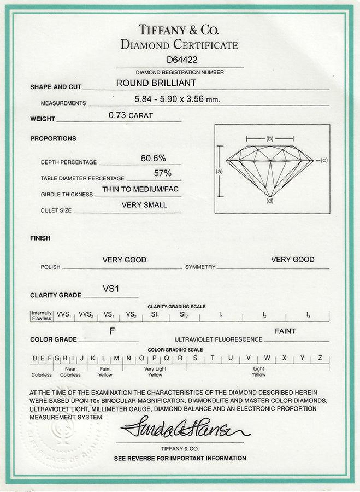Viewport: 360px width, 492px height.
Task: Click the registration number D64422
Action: [180, 61]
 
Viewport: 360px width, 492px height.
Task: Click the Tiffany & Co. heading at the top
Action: [180, 30]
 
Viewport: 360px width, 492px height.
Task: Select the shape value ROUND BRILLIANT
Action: [156, 84]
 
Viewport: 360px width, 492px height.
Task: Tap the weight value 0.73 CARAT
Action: [131, 116]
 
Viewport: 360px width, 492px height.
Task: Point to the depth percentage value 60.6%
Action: [154, 158]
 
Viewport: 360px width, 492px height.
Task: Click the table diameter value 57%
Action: [163, 173]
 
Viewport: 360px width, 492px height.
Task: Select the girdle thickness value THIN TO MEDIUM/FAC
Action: [140, 189]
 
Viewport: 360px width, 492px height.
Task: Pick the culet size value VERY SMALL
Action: [144, 205]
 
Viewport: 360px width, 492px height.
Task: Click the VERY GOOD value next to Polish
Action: [125, 260]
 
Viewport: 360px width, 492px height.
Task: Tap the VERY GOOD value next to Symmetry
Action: [293, 259]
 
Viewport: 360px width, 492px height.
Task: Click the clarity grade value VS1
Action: [111, 288]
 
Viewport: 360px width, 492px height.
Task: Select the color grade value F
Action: [112, 331]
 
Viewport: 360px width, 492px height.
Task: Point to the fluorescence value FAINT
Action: [285, 331]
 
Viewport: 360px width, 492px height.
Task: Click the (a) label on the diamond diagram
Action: [220, 171]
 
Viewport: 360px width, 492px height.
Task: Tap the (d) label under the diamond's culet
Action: [270, 202]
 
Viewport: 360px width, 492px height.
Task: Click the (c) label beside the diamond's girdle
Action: [324, 160]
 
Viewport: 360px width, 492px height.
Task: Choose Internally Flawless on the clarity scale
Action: [42, 315]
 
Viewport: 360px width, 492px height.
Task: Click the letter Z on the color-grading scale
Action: [320, 358]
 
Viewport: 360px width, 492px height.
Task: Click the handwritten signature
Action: [185, 427]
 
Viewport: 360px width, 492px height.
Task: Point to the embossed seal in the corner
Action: [55, 432]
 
